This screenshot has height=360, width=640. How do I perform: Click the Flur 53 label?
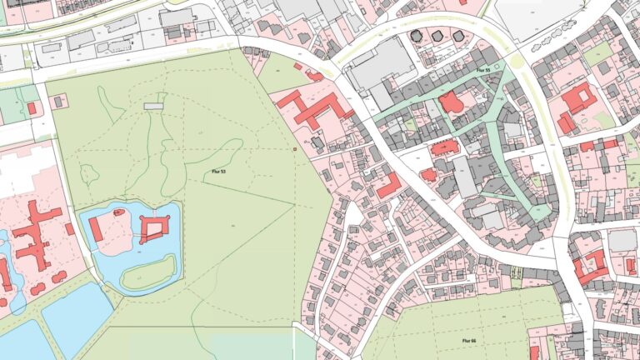(x=217, y=170)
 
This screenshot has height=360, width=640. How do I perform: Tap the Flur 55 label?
(x=482, y=71)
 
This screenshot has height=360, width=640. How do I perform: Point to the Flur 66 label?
(x=467, y=341)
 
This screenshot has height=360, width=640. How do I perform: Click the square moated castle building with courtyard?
(x=154, y=227)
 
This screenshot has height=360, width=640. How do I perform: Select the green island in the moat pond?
(x=159, y=269)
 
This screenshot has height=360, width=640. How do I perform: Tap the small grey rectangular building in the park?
(x=153, y=107)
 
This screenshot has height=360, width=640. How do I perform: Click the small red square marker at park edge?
(x=294, y=150)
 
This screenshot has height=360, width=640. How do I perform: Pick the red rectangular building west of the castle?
(x=96, y=229)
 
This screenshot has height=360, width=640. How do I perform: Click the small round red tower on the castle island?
(x=119, y=212)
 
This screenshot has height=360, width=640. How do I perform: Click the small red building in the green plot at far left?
(x=32, y=108)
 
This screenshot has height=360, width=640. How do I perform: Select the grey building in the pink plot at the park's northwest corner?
(x=58, y=102)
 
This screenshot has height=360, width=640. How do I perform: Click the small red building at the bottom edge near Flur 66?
(x=534, y=353)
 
